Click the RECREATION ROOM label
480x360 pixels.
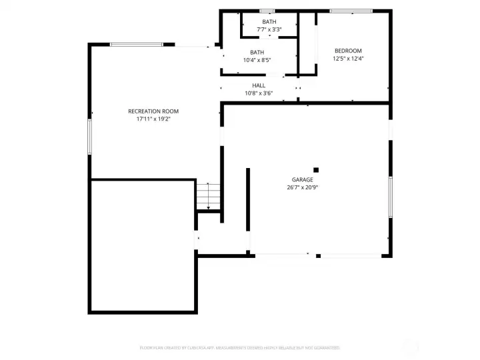pyautogui.click(x=153, y=111)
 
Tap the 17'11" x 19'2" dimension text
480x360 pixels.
pyautogui.click(x=153, y=119)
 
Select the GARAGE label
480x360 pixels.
pyautogui.click(x=302, y=179)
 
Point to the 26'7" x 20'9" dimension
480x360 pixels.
pyautogui.click(x=302, y=187)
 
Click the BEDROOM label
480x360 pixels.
pyautogui.click(x=348, y=51)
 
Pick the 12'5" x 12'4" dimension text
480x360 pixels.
pyautogui.click(x=348, y=59)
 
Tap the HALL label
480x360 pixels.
pyautogui.click(x=259, y=85)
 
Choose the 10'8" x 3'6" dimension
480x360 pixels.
pyautogui.click(x=259, y=93)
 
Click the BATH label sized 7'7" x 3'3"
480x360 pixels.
pyautogui.click(x=269, y=22)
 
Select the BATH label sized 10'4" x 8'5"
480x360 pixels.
pyautogui.click(x=257, y=53)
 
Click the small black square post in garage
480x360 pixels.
pyautogui.click(x=316, y=169)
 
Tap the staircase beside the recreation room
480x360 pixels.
pyautogui.click(x=208, y=196)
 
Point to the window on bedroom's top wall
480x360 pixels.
pyautogui.click(x=351, y=11)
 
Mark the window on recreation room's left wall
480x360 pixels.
pyautogui.click(x=89, y=137)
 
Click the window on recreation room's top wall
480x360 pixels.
pyautogui.click(x=136, y=45)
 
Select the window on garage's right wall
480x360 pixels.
pyautogui.click(x=391, y=197)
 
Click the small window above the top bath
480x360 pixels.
pyautogui.click(x=267, y=11)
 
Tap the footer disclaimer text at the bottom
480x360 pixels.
pyautogui.click(x=240, y=347)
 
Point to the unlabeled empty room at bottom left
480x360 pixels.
pyautogui.click(x=143, y=245)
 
